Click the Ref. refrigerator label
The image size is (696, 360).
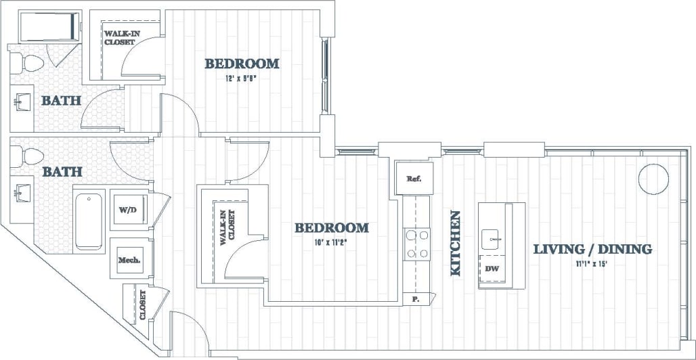414,179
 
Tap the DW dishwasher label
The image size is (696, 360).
492,269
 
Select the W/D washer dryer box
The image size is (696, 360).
127,210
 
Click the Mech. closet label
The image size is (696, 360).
129,259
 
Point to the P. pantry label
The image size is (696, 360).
415,298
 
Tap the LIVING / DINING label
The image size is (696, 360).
592,249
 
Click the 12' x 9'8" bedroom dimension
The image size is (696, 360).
242,78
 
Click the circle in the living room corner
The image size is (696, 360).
653,177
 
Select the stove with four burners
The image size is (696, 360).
417,244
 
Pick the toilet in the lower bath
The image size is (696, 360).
30,156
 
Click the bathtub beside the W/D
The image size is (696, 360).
89,220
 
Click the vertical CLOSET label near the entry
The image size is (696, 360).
143,305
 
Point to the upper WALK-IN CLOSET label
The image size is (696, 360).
119,37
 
